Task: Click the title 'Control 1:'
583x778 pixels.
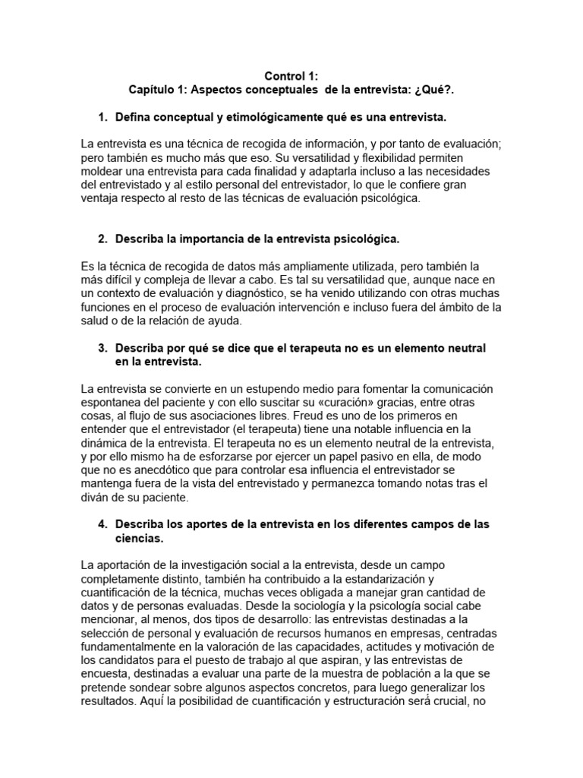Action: click(291, 76)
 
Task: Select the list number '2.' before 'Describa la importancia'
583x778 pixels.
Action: click(103, 239)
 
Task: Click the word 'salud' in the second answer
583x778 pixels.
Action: click(95, 321)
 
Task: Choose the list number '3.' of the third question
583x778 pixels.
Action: click(103, 348)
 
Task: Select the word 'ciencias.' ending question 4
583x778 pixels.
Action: click(139, 539)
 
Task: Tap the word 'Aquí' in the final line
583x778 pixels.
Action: click(150, 702)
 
